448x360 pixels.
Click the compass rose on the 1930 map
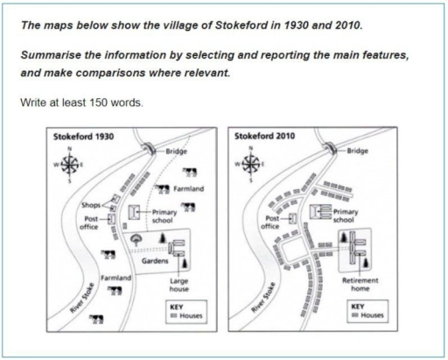tap(69, 165)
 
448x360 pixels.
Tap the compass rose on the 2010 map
tap(250, 164)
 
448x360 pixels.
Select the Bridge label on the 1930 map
tap(176, 152)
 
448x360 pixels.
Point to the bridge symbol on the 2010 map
tap(331, 147)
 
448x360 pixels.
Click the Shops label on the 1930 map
tap(91, 205)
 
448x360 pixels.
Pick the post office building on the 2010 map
tap(292, 218)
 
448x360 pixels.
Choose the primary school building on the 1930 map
tap(134, 212)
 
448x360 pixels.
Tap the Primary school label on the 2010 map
tap(346, 215)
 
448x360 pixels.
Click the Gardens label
tap(155, 261)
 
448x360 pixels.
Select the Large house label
tap(179, 285)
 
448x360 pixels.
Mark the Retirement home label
tap(360, 285)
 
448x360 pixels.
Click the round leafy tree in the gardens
tap(136, 240)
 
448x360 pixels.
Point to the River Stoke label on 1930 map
tap(82, 298)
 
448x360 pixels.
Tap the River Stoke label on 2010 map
tap(263, 298)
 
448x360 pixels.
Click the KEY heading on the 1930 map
tap(176, 307)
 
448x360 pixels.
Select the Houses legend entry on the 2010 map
tap(368, 315)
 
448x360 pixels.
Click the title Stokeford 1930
tap(83, 137)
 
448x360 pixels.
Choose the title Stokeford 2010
tap(265, 136)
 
